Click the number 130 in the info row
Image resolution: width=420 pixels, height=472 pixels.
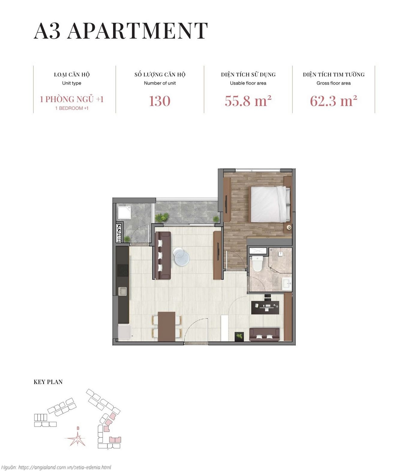pyautogui.click(x=160, y=101)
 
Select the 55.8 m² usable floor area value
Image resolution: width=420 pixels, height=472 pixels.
pyautogui.click(x=248, y=101)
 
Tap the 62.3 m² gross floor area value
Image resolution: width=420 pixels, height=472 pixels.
pyautogui.click(x=333, y=101)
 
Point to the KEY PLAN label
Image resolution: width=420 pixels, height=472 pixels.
pyautogui.click(x=48, y=382)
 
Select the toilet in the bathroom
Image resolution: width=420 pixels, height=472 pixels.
pyautogui.click(x=257, y=263)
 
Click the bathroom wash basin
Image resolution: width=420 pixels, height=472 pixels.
pyautogui.click(x=286, y=283)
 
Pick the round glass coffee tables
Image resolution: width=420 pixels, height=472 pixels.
pyautogui.click(x=181, y=257)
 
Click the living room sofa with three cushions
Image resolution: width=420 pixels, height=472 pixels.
pyautogui.click(x=162, y=255)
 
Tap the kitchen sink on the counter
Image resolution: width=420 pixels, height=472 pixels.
pyautogui.click(x=122, y=291)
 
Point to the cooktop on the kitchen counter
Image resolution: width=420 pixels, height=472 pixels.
pyautogui.click(x=122, y=270)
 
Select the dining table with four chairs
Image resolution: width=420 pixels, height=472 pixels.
pyautogui.click(x=167, y=326)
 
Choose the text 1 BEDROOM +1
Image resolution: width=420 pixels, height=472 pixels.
pyautogui.click(x=72, y=108)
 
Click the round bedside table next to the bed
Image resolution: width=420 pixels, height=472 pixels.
pyautogui.click(x=289, y=227)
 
